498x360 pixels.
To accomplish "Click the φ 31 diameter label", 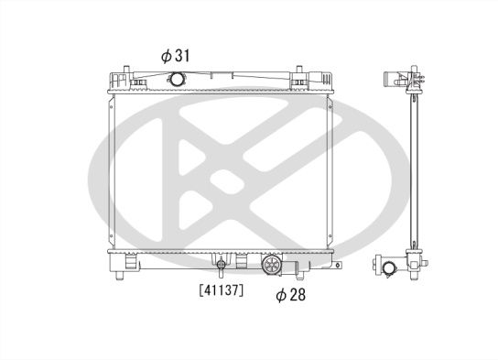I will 175,56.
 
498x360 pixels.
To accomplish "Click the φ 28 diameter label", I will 291,295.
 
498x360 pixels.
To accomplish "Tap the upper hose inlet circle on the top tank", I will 176,81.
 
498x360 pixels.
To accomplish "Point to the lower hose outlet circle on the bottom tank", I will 272,267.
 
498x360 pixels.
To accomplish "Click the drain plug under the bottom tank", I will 220,267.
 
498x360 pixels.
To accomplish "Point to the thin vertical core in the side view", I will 412,174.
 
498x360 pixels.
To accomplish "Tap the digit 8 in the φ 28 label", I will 301,295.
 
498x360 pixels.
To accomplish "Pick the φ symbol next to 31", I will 166,56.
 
